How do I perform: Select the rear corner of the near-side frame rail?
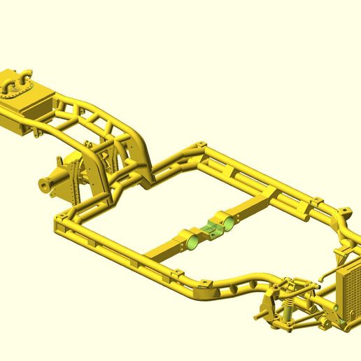pos(59,224)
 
